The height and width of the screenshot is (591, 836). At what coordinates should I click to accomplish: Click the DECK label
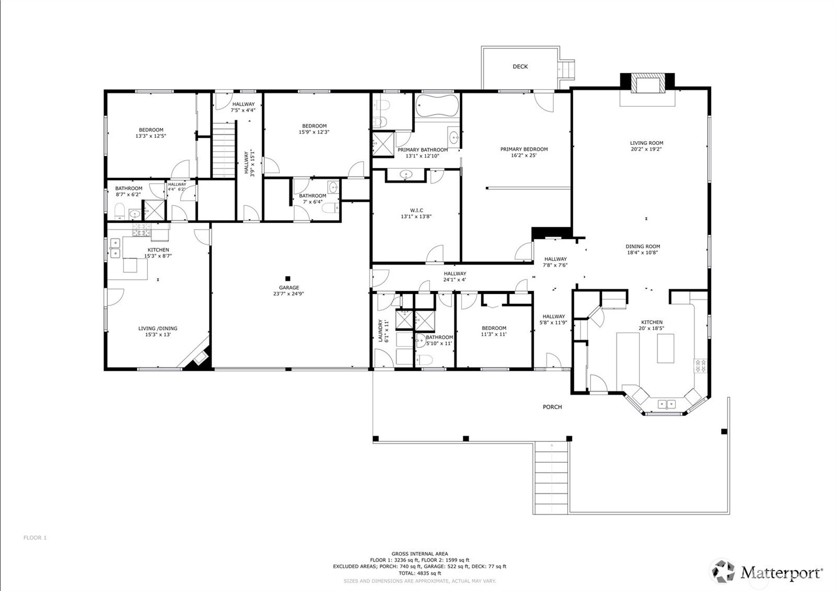click(520, 66)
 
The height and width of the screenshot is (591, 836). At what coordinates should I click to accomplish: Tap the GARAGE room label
click(288, 288)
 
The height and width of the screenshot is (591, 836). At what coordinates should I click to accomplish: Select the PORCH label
click(552, 407)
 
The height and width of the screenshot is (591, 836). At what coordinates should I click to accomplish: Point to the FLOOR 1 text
click(35, 538)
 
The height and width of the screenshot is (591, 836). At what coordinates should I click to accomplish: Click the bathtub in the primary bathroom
click(437, 106)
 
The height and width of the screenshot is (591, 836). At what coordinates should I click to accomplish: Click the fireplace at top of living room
click(647, 84)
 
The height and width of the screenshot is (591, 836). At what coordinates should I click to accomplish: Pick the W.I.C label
click(416, 210)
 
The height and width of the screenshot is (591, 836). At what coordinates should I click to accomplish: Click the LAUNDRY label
click(380, 331)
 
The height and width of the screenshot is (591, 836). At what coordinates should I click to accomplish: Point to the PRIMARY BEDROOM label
click(524, 149)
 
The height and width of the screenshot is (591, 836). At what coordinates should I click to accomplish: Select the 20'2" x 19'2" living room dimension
click(646, 149)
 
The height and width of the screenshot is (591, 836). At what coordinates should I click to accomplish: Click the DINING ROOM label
click(643, 246)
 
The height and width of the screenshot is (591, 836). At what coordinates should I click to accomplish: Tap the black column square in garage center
click(287, 278)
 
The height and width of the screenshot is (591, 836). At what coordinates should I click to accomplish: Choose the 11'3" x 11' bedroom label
click(494, 334)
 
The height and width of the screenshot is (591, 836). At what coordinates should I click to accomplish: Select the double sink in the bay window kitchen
click(666, 404)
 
